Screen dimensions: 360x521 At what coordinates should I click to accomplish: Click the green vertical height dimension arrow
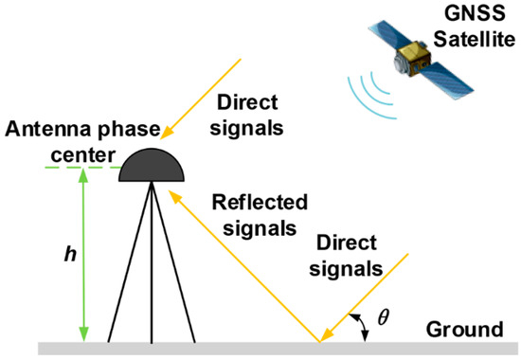(84, 256)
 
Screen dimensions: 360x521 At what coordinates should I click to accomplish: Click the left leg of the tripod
(125, 275)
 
